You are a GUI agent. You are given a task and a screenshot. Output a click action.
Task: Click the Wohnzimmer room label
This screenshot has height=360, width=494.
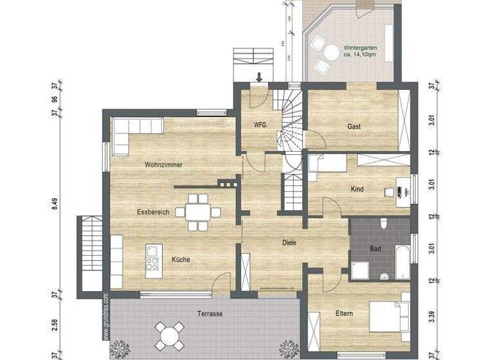[x=163, y=165]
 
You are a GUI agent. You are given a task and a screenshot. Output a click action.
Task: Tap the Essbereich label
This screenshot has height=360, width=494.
[x=152, y=212]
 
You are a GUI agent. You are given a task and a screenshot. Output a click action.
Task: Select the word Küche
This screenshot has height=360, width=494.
[x=181, y=260]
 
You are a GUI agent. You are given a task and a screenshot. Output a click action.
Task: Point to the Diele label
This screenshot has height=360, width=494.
[x=289, y=243]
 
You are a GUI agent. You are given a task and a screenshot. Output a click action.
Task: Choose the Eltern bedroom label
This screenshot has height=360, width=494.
[x=345, y=314]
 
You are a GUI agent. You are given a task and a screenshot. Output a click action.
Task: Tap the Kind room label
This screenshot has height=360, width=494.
[x=357, y=190]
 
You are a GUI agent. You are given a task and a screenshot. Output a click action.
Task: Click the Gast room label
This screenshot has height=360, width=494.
[x=354, y=127]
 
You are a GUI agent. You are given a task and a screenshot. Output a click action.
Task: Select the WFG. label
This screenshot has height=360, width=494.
[x=261, y=124]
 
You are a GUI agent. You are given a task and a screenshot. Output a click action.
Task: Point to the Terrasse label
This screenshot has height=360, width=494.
[x=210, y=314]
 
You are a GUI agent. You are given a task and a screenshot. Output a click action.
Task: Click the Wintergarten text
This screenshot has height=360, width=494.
[x=361, y=48]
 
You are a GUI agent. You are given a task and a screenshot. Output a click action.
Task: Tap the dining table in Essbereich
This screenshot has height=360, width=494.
[x=197, y=212]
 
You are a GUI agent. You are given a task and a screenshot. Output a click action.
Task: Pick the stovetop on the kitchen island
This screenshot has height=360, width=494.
[x=152, y=262]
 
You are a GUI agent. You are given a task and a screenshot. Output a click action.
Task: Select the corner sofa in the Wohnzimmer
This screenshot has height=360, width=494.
[x=129, y=132]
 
